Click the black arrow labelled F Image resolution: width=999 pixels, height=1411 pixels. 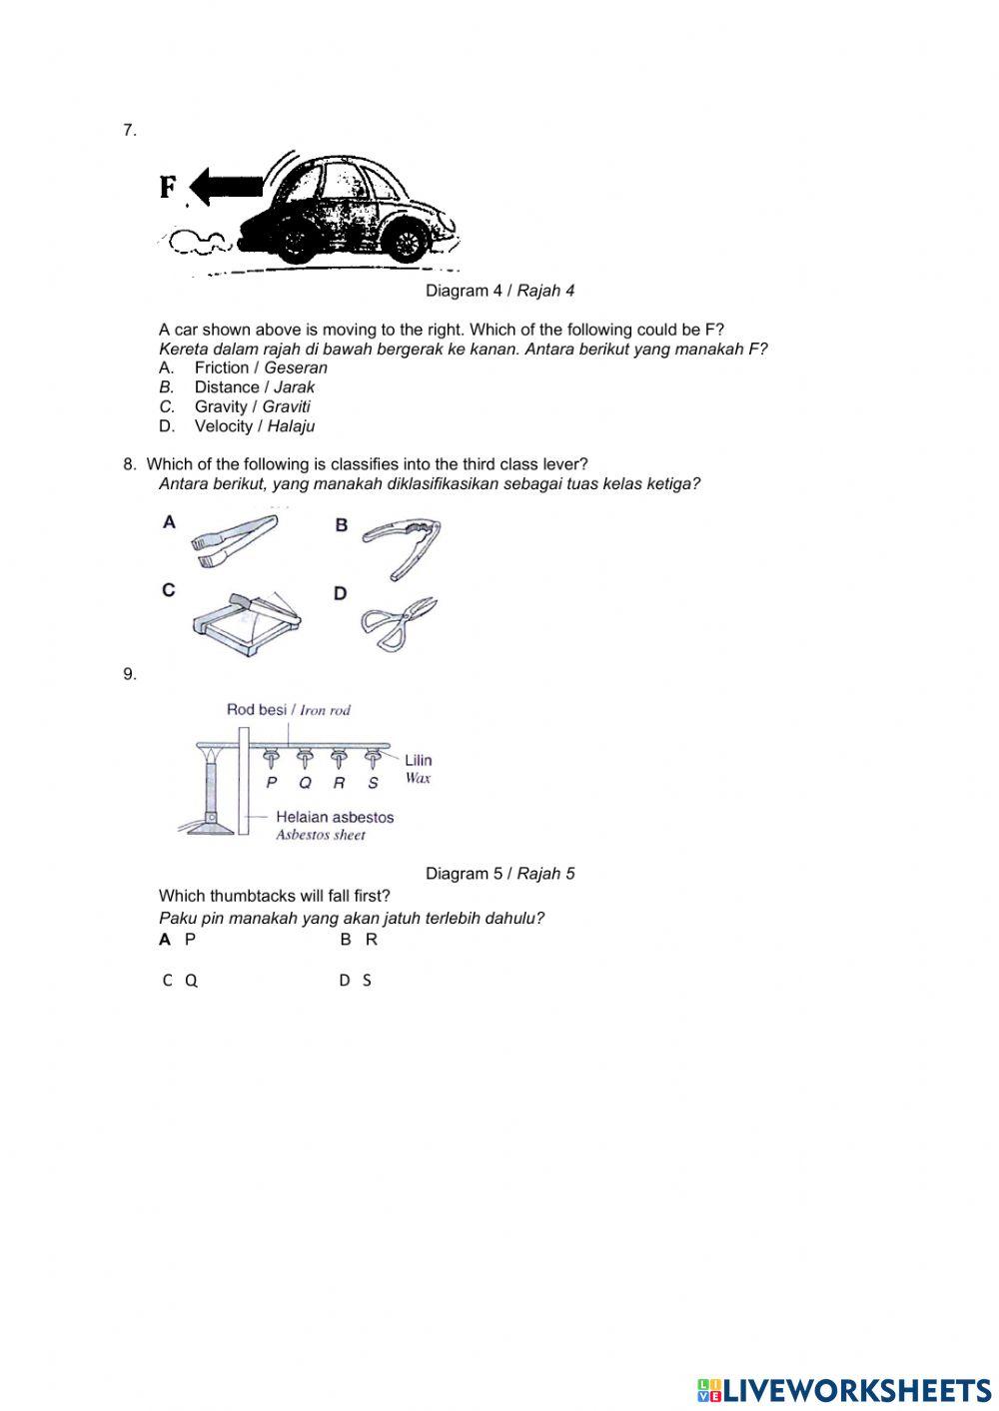tap(227, 187)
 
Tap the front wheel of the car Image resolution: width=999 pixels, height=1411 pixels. tap(406, 241)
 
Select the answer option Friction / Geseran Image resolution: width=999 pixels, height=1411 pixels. tap(260, 367)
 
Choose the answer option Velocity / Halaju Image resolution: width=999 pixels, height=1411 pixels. tap(254, 426)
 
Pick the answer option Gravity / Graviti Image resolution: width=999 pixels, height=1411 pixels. tap(252, 406)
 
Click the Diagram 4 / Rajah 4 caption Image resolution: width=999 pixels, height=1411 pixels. tap(499, 291)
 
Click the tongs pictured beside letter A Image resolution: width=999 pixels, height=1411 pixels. tap(235, 539)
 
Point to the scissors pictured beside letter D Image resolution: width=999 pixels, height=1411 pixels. tap(399, 623)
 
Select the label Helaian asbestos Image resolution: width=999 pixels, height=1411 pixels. tap(335, 817)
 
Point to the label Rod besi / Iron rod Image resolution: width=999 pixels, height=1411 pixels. tap(288, 710)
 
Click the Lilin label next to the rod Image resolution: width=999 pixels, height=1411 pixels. tap(418, 760)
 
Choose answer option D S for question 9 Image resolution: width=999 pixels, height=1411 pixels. tap(356, 981)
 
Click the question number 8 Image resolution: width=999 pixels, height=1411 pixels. tap(129, 464)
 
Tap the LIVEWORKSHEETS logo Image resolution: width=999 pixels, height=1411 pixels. tap(844, 1390)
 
